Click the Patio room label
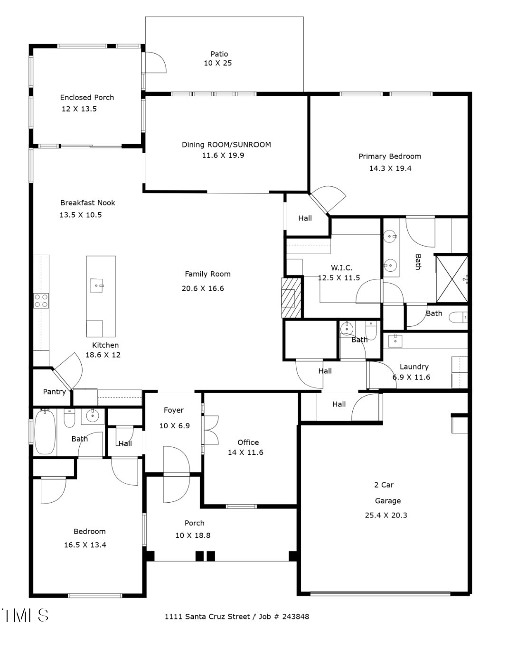pos(219,54)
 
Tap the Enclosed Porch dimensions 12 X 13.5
pos(79,109)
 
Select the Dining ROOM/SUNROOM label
pos(226,145)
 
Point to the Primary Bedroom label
pos(390,157)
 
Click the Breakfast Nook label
pos(88,203)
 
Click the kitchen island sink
pos(97,285)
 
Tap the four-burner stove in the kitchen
pos(41,301)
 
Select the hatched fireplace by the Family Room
pos(291,298)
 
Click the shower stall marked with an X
pos(452,279)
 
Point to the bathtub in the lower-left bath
pos(45,432)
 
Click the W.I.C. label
pos(341,267)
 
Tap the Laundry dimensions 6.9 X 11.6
pos(411,378)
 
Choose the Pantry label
pos(54,392)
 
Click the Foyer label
pos(174,410)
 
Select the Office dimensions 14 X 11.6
pos(245,452)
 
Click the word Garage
pos(388,501)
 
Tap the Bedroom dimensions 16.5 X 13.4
pos(85,545)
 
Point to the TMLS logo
pos(26,615)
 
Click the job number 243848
pos(296,617)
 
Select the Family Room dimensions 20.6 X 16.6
pos(203,288)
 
